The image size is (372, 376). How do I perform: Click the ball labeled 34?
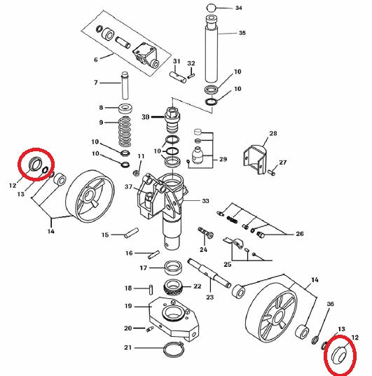[210, 8]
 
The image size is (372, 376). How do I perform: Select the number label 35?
[242, 33]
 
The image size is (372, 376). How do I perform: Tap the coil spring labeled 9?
[125, 131]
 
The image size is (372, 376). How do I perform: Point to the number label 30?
[146, 117]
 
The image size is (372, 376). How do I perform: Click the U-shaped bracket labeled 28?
[255, 159]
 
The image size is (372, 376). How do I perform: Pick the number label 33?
[205, 200]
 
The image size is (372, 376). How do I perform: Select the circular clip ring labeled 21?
[173, 349]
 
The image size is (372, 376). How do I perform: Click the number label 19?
[128, 306]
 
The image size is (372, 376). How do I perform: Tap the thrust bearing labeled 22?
[174, 287]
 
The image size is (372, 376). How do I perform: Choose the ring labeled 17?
[173, 268]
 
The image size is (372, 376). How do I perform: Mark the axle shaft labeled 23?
[209, 272]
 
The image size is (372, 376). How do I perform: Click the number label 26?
[300, 234]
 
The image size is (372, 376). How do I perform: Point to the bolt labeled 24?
[206, 232]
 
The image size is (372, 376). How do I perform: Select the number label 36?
[330, 304]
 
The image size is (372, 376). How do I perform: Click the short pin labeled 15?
[131, 232]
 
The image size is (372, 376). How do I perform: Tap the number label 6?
[96, 60]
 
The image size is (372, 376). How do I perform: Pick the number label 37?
[129, 186]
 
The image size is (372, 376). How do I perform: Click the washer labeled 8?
[126, 109]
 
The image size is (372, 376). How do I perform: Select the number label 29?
[223, 159]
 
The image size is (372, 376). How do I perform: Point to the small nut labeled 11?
[136, 173]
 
